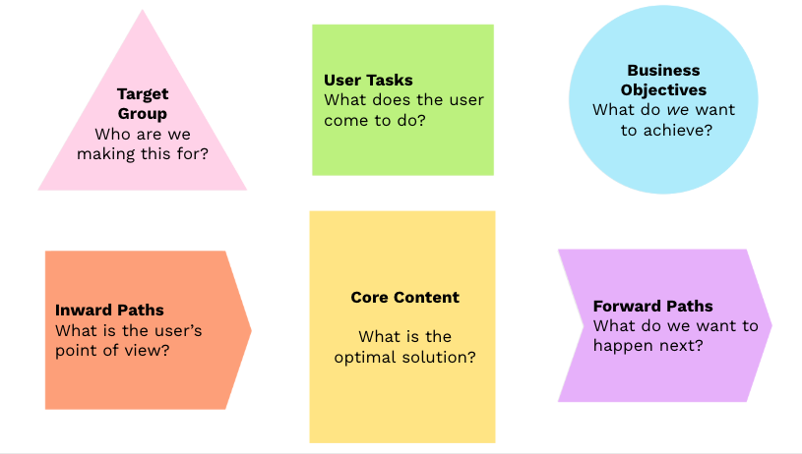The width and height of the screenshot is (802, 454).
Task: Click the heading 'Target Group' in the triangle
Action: [143, 103]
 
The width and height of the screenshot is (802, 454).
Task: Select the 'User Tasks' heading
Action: [368, 80]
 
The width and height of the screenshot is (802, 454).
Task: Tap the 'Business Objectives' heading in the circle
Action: [663, 80]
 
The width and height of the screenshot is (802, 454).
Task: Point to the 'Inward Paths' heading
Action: [109, 311]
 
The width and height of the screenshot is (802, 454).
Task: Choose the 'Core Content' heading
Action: [404, 297]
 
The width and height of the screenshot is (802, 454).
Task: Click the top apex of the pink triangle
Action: [143, 12]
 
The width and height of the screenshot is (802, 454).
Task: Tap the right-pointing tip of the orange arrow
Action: [251, 330]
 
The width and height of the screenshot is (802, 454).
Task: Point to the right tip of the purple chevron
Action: [771, 325]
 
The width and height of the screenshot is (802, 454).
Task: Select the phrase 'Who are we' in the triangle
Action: [143, 134]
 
